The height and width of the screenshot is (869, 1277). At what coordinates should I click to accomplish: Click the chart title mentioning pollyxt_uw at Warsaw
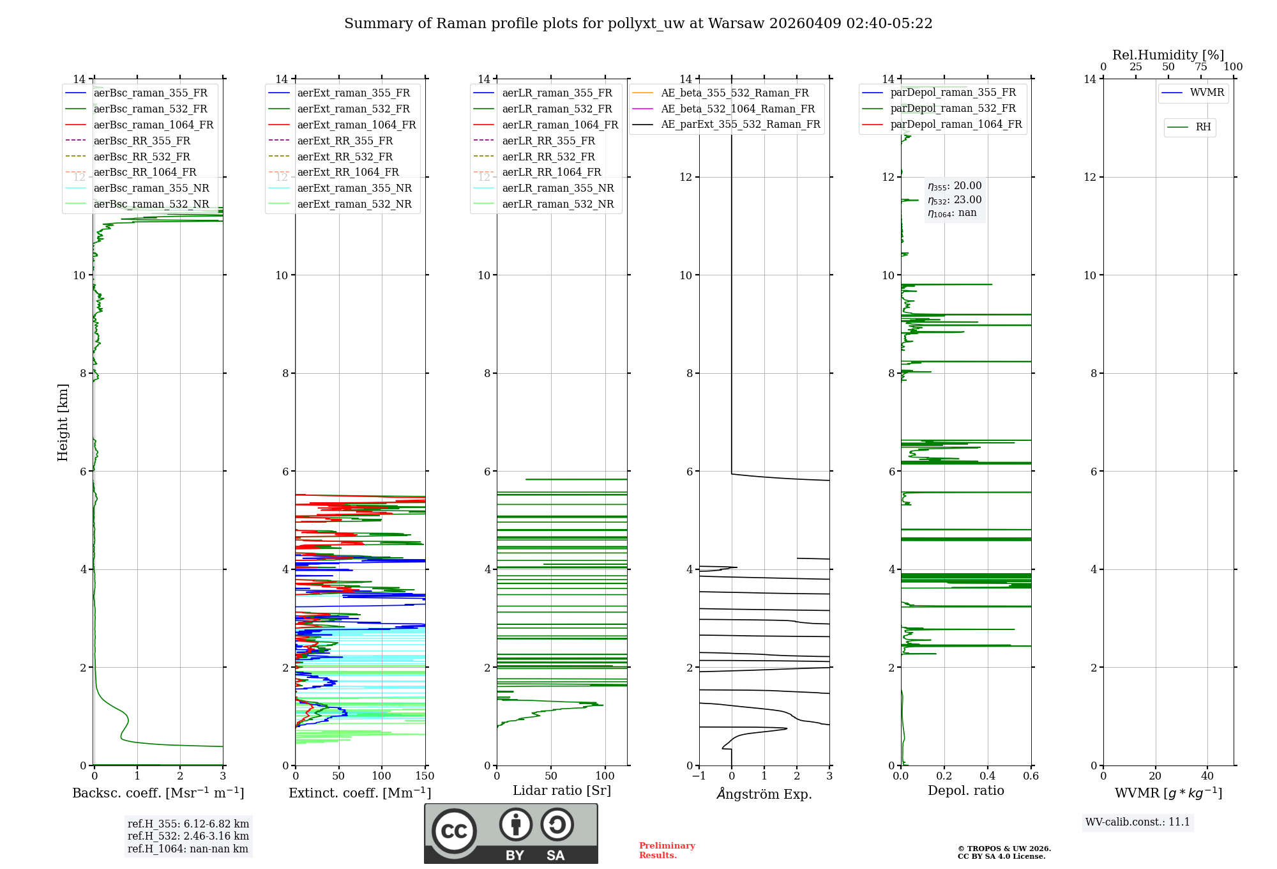[638, 24]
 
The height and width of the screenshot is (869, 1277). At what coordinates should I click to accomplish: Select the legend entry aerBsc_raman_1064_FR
[153, 125]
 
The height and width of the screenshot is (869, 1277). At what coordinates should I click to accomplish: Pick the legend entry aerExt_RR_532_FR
[345, 157]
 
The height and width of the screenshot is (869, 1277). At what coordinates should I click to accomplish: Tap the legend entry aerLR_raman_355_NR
[557, 188]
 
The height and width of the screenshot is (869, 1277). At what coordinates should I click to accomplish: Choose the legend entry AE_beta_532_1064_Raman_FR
[737, 109]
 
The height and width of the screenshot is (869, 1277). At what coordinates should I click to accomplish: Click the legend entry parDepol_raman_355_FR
[953, 93]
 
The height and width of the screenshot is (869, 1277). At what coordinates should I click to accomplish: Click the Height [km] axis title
[63, 422]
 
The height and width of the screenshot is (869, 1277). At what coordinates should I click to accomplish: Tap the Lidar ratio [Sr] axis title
[562, 790]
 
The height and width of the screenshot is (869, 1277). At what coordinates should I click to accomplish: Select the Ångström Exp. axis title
[764, 794]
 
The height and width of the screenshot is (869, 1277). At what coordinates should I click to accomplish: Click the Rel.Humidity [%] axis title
[1168, 55]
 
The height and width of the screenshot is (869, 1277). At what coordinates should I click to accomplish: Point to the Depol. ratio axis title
[965, 790]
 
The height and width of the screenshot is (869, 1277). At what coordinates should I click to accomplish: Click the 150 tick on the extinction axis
[425, 776]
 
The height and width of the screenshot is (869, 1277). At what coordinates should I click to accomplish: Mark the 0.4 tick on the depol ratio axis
[988, 776]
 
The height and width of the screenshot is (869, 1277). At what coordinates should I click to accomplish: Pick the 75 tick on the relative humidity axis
[1201, 67]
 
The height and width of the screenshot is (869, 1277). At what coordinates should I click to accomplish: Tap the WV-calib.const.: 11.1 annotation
[1138, 822]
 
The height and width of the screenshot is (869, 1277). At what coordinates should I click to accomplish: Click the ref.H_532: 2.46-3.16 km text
[188, 836]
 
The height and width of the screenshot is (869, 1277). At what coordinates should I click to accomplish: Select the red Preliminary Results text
[667, 850]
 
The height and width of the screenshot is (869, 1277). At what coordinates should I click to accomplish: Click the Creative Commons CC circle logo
[454, 831]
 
